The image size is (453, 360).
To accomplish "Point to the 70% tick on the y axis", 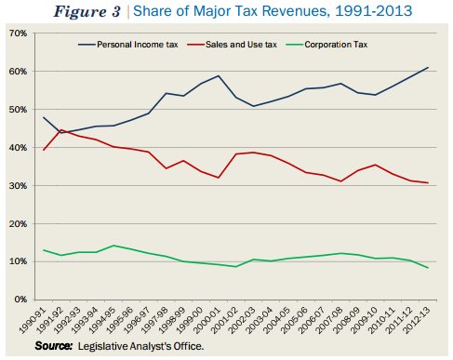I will tap(17, 33).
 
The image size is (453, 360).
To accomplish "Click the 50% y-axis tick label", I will tap(17, 109).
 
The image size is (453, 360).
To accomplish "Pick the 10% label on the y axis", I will tap(17, 261).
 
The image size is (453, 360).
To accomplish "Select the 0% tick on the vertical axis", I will tap(20, 300).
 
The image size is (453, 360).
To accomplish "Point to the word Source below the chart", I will tap(55, 346).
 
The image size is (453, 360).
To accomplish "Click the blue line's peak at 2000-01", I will tap(219, 76).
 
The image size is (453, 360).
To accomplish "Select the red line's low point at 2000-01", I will tap(219, 178).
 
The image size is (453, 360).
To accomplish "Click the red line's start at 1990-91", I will tap(43, 150).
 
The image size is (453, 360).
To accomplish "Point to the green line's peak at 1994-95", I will tap(113, 246).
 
